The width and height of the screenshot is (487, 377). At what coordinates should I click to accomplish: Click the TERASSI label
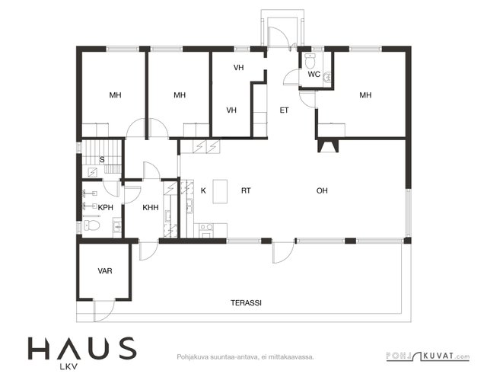pos(246,302)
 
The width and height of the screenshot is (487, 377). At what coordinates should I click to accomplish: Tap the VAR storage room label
pos(105,271)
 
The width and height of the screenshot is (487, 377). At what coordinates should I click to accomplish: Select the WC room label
pos(314,75)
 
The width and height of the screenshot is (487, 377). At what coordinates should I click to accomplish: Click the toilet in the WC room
pos(310,61)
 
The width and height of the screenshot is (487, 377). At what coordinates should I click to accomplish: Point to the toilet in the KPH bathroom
pos(91,225)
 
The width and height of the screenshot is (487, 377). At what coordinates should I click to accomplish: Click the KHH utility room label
pos(151,207)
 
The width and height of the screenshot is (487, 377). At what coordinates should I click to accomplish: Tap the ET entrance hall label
pos(284,110)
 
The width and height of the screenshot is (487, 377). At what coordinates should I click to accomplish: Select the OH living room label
pos(322,190)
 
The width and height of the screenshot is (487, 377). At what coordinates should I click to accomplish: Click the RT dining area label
pos(246,190)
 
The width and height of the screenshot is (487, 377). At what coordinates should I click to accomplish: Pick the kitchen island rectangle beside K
pos(220,191)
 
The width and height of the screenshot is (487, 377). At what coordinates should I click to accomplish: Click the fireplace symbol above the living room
pos(328,145)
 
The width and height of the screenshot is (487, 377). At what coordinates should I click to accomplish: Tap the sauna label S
pos(102,160)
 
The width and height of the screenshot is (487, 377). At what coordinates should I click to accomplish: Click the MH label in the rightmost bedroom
pos(365,94)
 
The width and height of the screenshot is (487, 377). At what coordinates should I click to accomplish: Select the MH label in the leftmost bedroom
pos(115,94)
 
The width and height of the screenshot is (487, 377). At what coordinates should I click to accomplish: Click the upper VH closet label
pos(239,68)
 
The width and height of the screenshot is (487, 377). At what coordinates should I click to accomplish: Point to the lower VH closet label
pos(231,110)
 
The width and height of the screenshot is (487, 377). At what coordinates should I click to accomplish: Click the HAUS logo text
pos(82,348)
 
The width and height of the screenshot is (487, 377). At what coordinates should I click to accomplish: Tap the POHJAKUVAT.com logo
pos(428,356)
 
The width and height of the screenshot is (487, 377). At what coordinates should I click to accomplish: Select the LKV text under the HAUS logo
pos(68,367)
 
